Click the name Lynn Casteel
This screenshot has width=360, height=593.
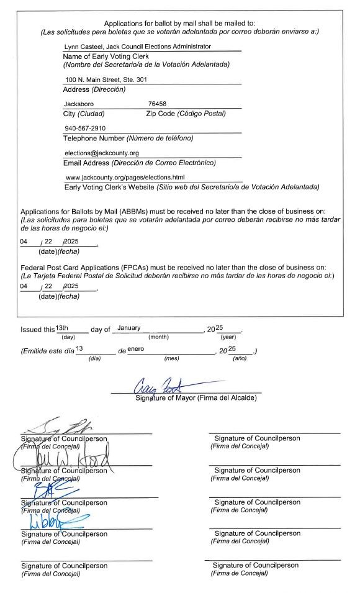[x=83, y=47]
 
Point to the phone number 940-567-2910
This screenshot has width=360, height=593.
[x=86, y=129]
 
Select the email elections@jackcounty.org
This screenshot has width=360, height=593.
[x=101, y=153]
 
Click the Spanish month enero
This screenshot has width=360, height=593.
[x=135, y=349]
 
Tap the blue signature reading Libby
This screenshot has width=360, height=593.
[x=62, y=520]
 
